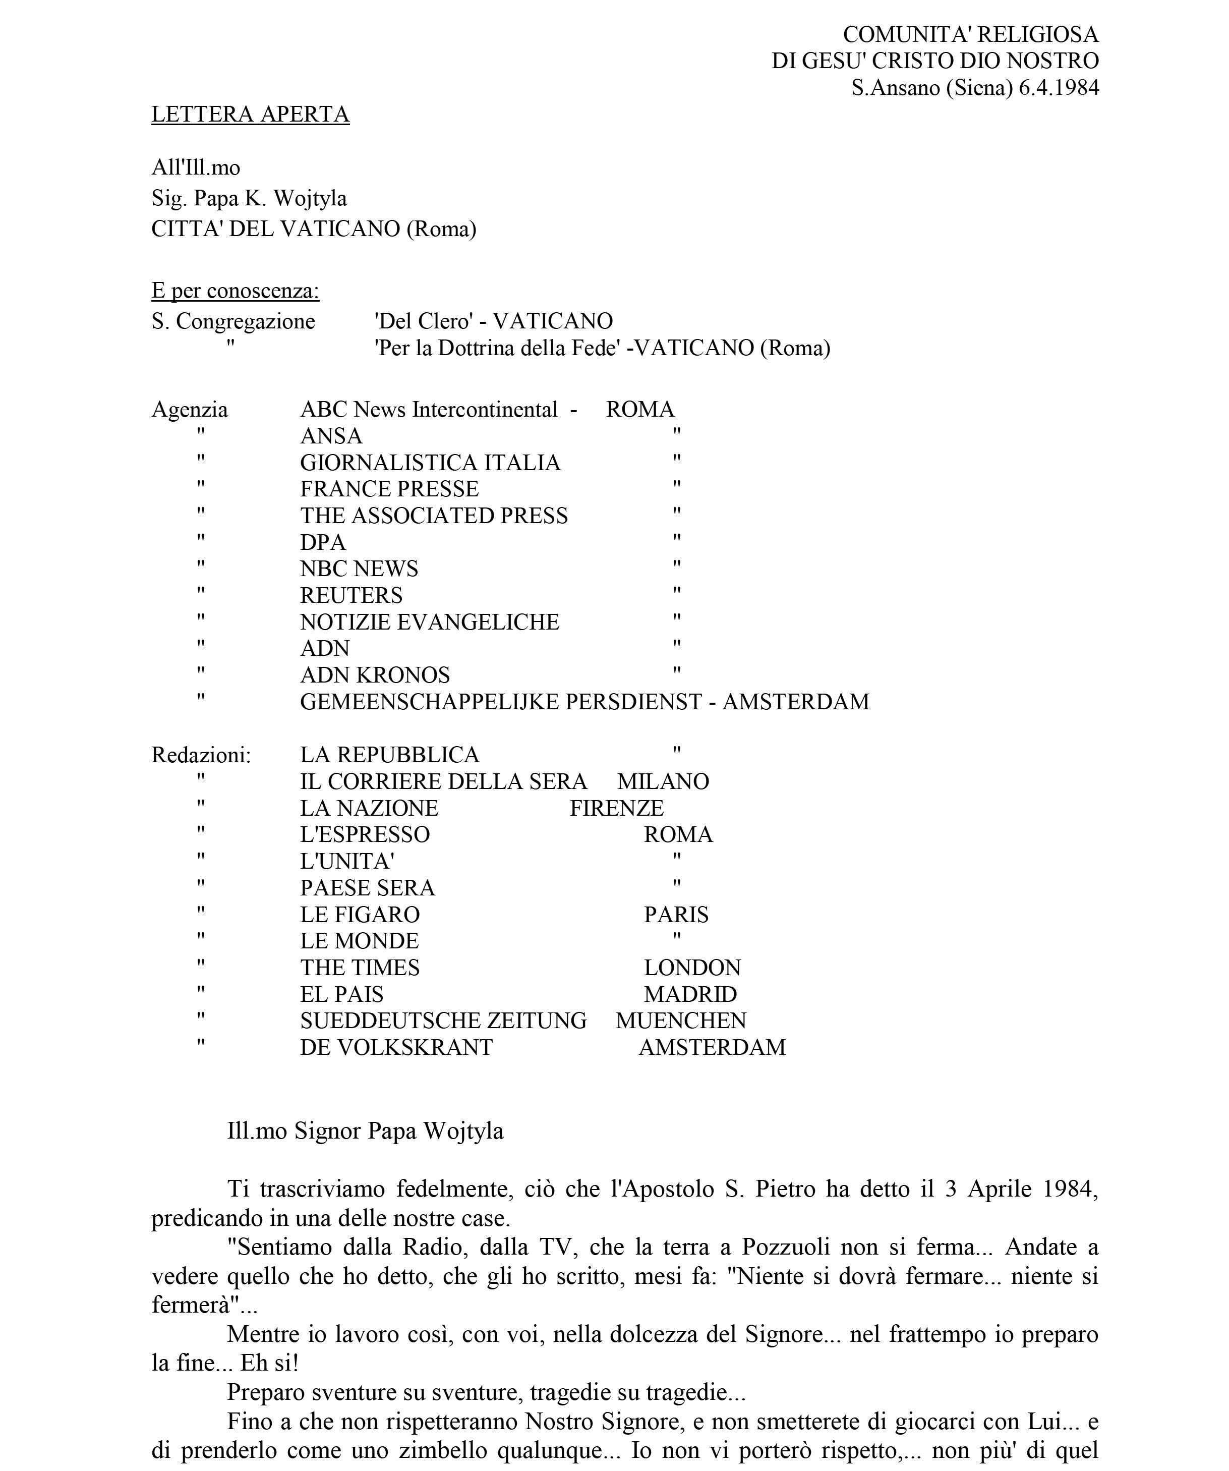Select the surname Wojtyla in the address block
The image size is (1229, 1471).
tap(310, 198)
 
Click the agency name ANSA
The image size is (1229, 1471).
tap(331, 436)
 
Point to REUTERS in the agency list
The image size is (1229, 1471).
tap(351, 595)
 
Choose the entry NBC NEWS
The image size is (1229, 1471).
tap(359, 569)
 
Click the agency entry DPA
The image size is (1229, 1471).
tap(323, 542)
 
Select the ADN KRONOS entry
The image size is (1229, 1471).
tap(375, 675)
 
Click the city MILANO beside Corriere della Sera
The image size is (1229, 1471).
tap(663, 782)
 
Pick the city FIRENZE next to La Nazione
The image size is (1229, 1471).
tap(616, 808)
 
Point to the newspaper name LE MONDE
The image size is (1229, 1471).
tap(359, 941)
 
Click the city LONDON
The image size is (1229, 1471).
tap(692, 968)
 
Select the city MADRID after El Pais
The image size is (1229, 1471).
tap(690, 994)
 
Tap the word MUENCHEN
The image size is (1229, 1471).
tap(681, 1021)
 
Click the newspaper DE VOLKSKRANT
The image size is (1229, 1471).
tap(396, 1047)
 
